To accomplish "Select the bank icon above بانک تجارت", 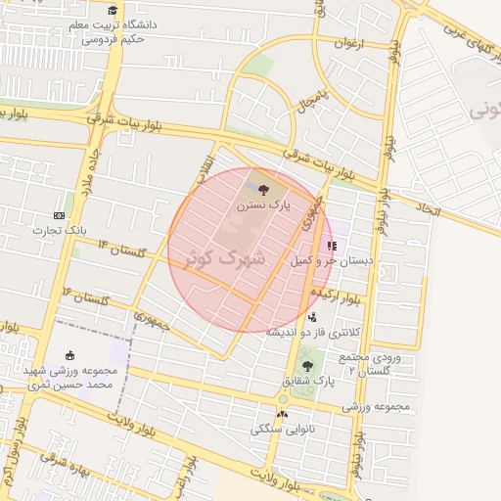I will tap(59, 215).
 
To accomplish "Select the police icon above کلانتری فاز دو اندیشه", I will tap(312, 316).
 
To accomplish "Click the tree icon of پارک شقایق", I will tap(308, 365).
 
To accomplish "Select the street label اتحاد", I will tap(429, 209).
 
